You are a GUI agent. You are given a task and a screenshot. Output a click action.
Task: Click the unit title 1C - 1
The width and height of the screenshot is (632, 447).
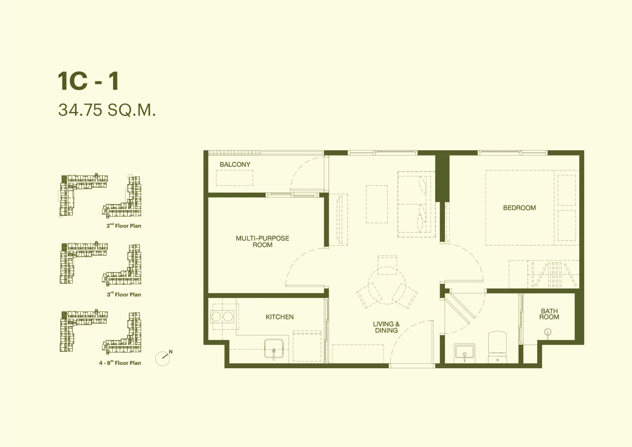(88, 81)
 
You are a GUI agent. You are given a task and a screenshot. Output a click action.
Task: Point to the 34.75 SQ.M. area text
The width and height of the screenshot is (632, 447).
(107, 110)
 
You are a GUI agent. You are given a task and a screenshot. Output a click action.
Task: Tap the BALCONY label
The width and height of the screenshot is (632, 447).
(235, 164)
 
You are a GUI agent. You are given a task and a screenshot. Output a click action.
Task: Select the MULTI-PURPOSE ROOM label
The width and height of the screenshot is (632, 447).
(262, 242)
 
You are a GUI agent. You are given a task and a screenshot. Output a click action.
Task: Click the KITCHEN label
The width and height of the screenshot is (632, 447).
(279, 317)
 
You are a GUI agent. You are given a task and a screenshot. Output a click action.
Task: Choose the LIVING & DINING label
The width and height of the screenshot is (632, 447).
(386, 327)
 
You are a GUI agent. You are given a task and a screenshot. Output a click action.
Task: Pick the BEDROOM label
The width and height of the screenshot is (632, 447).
(520, 208)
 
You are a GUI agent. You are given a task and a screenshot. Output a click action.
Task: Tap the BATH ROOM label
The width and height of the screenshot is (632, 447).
(549, 314)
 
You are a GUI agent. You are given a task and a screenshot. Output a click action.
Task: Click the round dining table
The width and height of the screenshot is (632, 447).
(387, 285)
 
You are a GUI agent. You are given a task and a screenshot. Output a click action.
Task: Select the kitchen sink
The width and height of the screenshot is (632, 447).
(274, 349)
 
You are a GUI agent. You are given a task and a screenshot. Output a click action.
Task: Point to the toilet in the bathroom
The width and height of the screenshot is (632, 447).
(497, 347)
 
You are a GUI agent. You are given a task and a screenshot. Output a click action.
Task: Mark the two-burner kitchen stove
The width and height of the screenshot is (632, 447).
(222, 316)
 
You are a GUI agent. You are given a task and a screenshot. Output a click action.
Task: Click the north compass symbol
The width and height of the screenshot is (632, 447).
(164, 358)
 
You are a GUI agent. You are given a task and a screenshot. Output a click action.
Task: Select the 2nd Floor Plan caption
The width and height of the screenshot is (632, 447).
(124, 226)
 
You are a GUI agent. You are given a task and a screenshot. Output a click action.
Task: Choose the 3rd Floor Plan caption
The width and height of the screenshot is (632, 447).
(124, 295)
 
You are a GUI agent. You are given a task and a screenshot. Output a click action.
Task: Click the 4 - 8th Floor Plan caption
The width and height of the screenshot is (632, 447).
(120, 363)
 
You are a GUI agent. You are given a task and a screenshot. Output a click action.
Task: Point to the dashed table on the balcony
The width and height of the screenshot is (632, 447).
(234, 178)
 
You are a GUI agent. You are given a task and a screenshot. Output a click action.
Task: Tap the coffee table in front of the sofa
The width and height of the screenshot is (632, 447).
(377, 204)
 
